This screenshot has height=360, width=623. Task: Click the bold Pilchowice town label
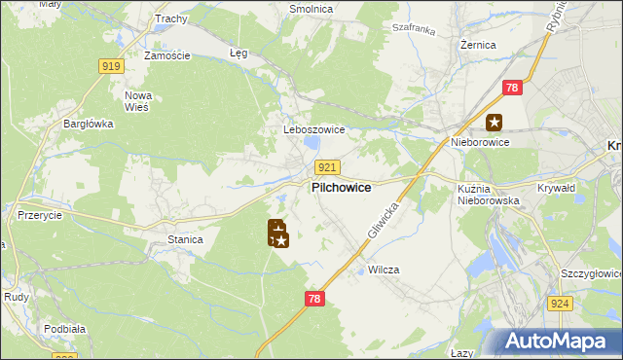click(x=340, y=188)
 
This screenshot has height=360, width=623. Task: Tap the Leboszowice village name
click(x=307, y=129)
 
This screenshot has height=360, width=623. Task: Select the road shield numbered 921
click(x=327, y=167)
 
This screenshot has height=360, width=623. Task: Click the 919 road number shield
click(x=110, y=65)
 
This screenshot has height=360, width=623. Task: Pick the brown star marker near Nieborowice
click(x=495, y=122)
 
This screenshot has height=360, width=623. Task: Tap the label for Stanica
click(x=185, y=238)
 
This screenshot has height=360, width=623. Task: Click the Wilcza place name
click(x=384, y=270)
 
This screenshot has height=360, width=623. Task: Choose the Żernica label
click(x=478, y=45)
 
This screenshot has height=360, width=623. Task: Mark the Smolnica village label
click(x=311, y=9)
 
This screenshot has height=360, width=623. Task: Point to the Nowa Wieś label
click(x=137, y=100)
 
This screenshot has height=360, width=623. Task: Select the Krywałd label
click(x=556, y=189)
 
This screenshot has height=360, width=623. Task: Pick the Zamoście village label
click(x=166, y=55)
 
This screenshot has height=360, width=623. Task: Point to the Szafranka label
click(x=412, y=30)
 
